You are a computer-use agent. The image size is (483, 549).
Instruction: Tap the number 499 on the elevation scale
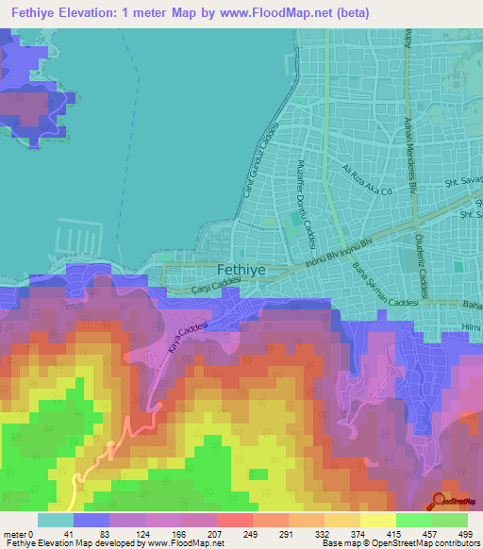coord(465,535)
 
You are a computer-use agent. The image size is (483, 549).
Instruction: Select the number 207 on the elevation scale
coord(214,535)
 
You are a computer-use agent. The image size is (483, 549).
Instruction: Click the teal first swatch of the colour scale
coord(56,520)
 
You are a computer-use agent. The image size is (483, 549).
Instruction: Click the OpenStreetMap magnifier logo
coord(440,501)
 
